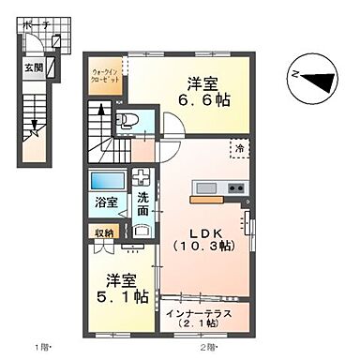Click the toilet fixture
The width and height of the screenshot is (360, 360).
127,119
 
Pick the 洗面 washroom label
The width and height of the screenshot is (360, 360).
143,203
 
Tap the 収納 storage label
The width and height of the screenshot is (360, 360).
102,232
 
